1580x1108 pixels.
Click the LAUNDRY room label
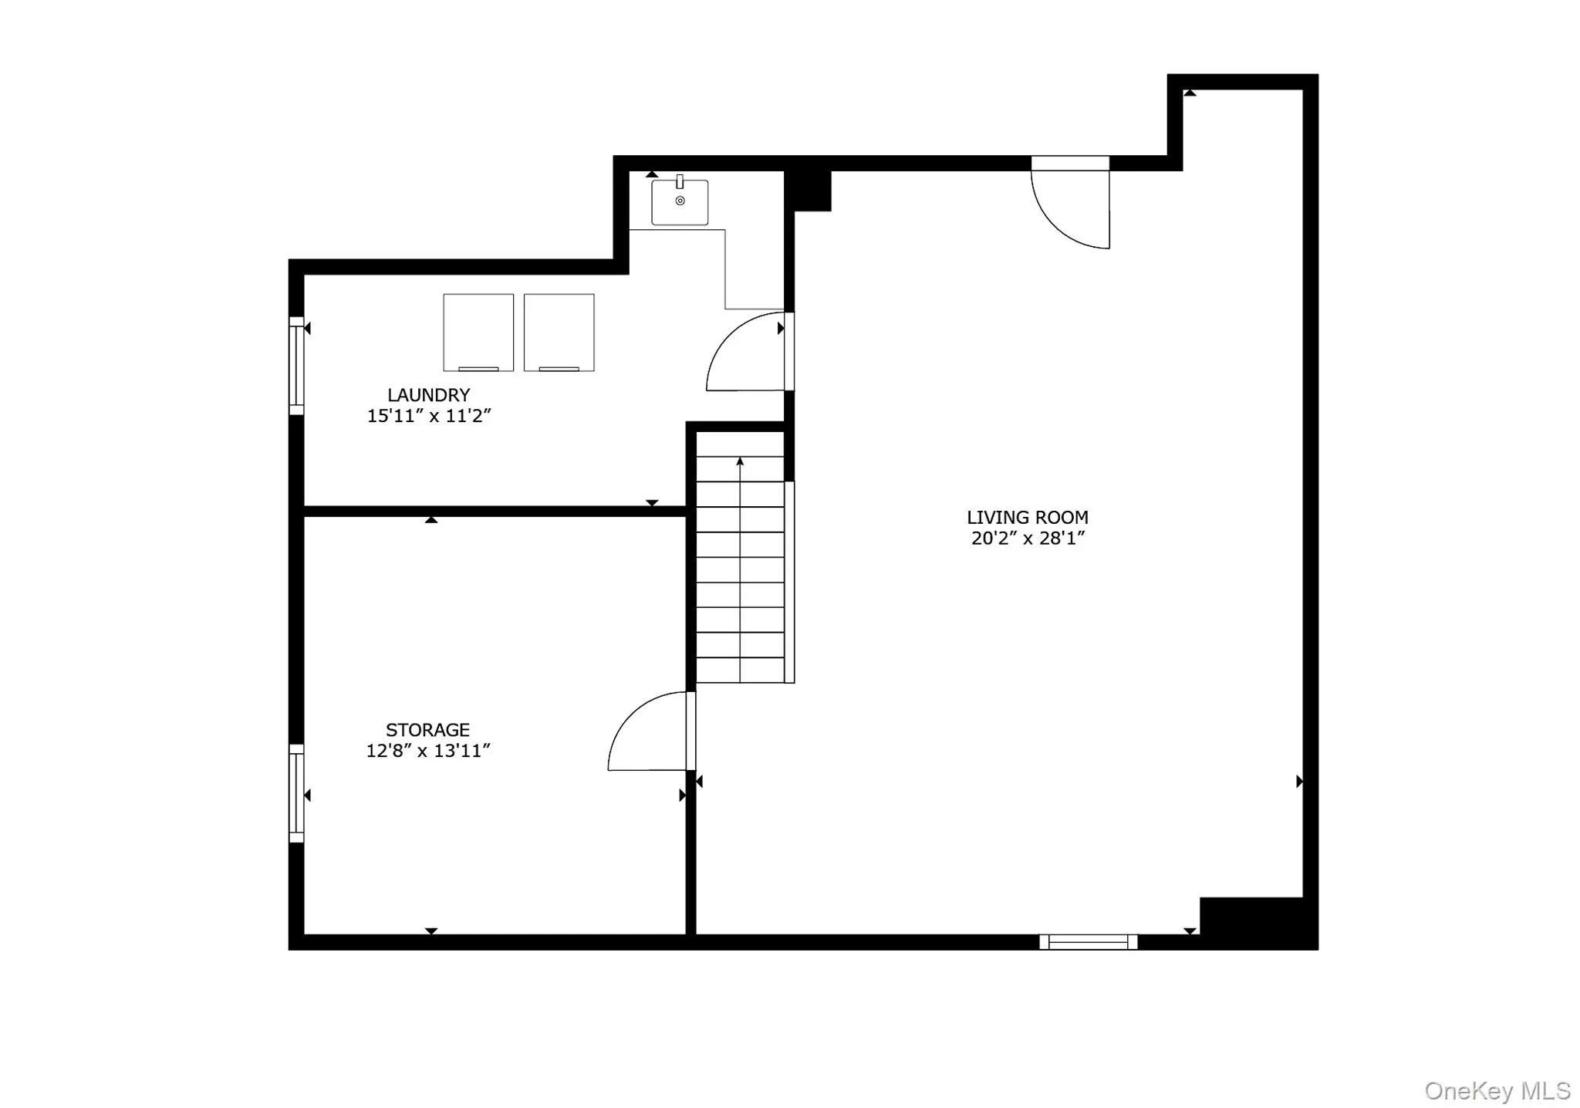click(428, 395)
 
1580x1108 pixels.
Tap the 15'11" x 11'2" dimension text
click(428, 416)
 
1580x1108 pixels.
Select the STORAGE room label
click(427, 730)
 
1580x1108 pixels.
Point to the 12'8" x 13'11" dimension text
click(427, 751)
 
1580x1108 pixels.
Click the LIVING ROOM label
click(1027, 518)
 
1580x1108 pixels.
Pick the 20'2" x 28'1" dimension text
click(1027, 539)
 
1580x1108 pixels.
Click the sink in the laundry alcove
click(680, 202)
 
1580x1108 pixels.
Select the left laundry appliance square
click(478, 332)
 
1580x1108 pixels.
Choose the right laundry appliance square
click(559, 332)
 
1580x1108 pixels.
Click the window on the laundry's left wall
click(296, 366)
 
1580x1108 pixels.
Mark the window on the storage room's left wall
click(296, 793)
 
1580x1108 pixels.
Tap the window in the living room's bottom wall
click(1088, 941)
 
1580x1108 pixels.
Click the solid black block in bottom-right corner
click(1258, 922)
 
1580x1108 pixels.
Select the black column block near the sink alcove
click(809, 190)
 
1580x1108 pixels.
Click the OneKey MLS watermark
click(1497, 1090)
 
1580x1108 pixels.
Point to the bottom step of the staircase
click(740, 670)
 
